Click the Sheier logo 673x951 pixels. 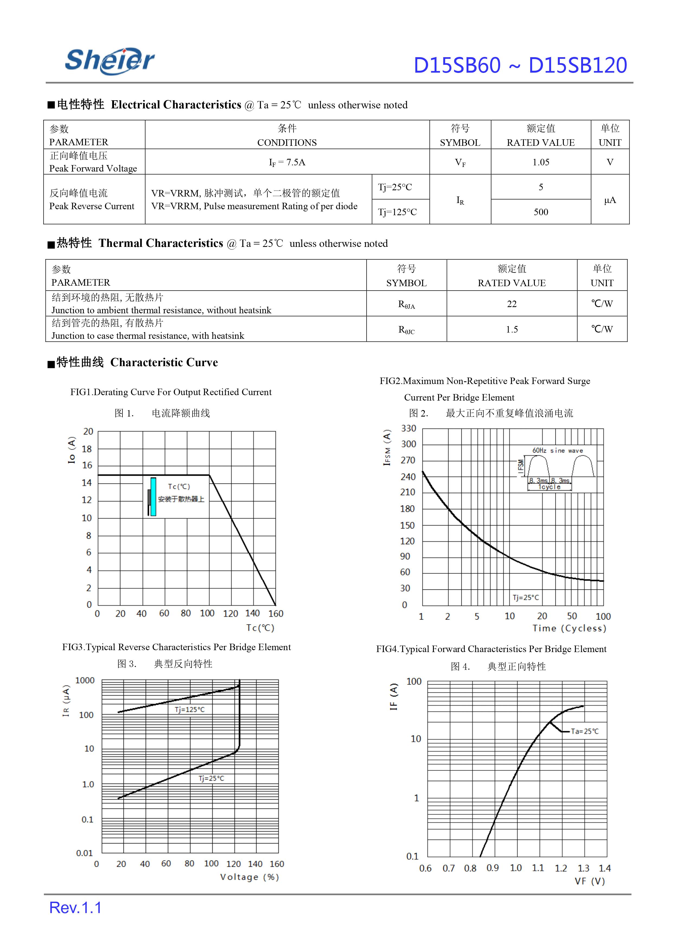(x=110, y=61)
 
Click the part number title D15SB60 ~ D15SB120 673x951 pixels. (x=520, y=66)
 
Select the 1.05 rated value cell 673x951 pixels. (x=541, y=162)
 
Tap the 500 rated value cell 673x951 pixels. (x=541, y=212)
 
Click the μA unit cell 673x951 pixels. (x=610, y=200)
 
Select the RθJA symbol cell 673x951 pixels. (x=406, y=304)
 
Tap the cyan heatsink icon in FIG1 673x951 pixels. (x=153, y=497)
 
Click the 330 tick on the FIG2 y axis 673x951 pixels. (x=408, y=428)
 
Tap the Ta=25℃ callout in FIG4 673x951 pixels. (x=584, y=731)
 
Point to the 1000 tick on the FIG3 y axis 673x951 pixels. (x=85, y=680)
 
